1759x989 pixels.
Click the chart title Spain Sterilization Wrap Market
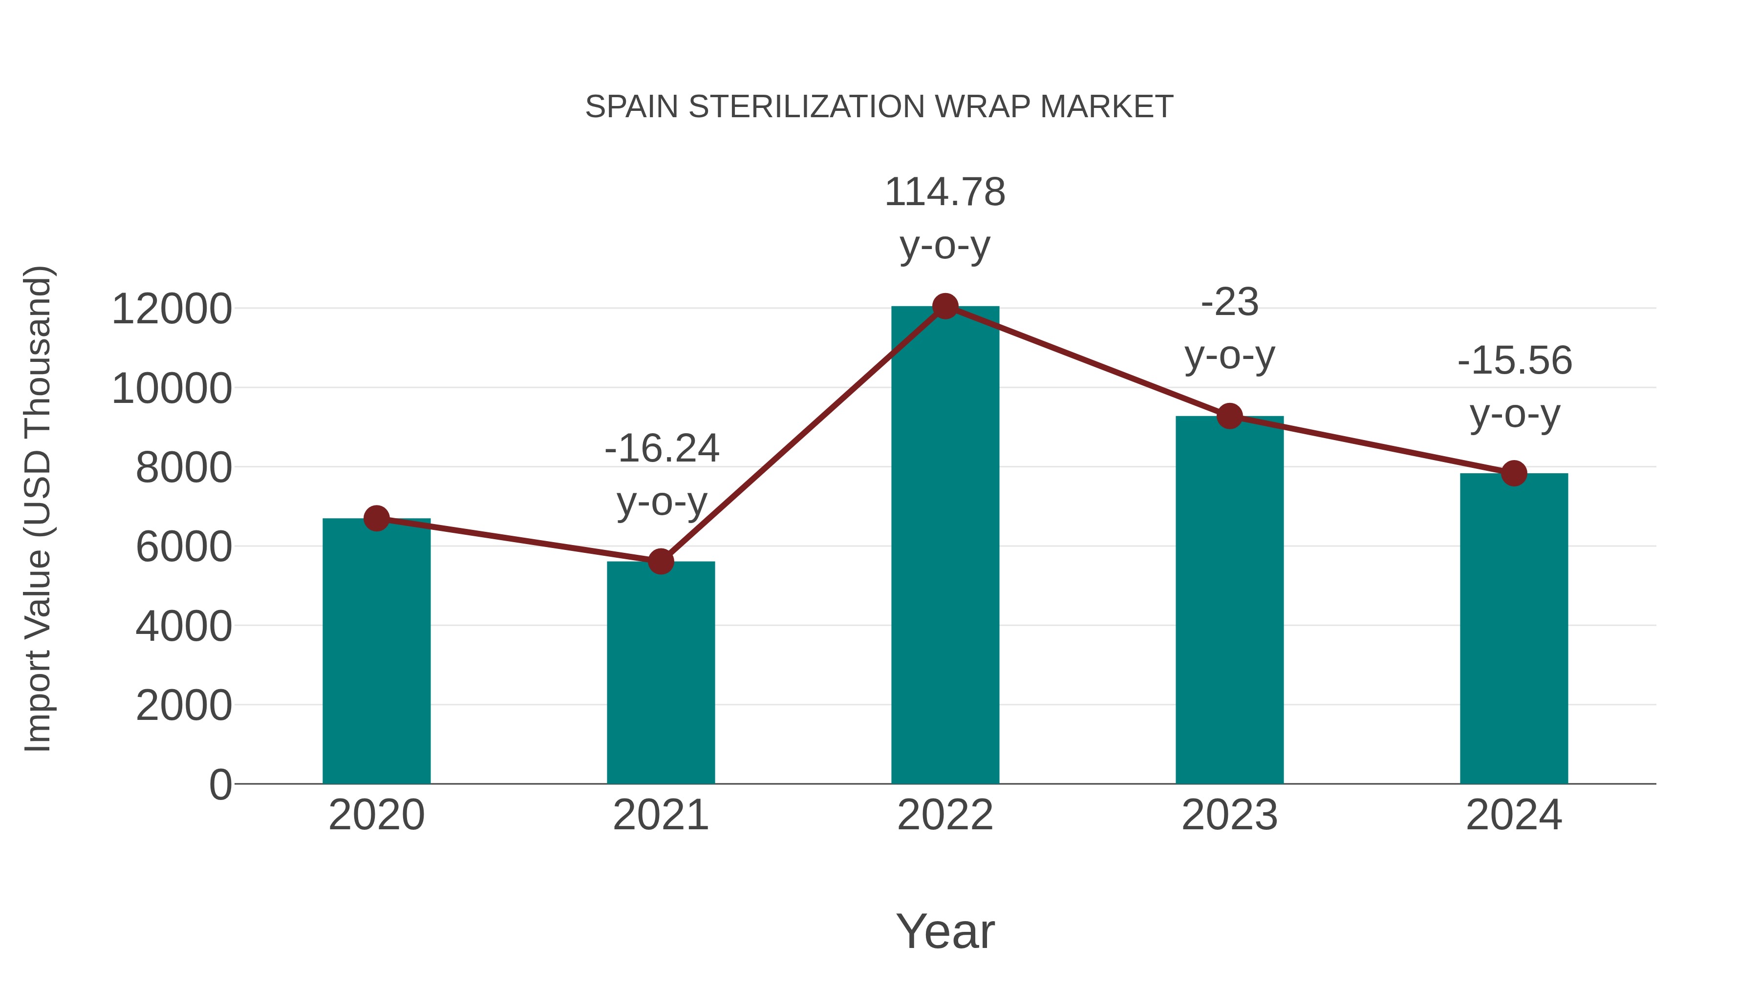tap(879, 107)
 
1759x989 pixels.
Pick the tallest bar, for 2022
tap(945, 546)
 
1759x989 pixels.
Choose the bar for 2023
tap(1229, 601)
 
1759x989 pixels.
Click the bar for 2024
tap(1514, 628)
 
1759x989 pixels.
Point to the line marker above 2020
tap(376, 519)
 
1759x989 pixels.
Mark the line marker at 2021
tap(660, 562)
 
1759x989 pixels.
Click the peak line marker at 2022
tap(945, 306)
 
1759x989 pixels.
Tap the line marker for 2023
tap(1229, 416)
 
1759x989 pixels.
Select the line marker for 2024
tap(1514, 473)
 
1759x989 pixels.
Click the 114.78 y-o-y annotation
tap(945, 192)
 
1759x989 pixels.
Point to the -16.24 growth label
tap(662, 449)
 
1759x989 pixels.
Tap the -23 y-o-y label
tap(1229, 302)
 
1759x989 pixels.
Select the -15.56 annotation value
tap(1515, 361)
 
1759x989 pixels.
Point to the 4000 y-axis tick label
tap(183, 627)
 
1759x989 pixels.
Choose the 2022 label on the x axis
tap(945, 815)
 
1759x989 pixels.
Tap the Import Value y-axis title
tap(38, 508)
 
